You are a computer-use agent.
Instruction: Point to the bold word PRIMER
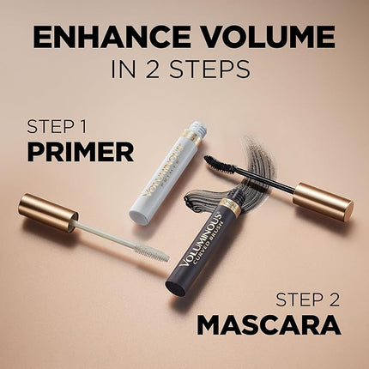pos(79,152)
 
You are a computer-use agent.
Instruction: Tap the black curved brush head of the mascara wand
pos(220,163)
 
